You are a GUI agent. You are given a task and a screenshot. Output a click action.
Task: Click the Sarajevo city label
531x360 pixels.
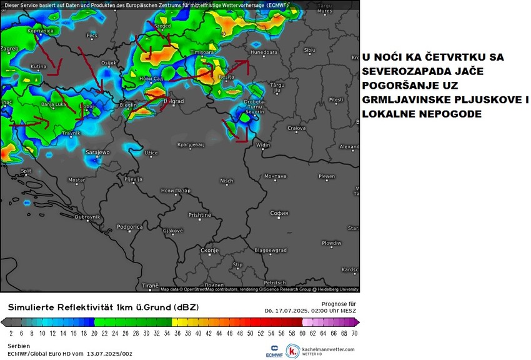pyautogui.click(x=97, y=152)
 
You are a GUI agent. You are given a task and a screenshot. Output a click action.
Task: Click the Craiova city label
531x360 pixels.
pyautogui.click(x=296, y=128)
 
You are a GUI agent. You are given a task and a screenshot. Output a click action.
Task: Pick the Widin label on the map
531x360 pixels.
pyautogui.click(x=264, y=145)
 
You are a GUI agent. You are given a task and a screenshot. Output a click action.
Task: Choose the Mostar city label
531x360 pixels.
pyautogui.click(x=76, y=180)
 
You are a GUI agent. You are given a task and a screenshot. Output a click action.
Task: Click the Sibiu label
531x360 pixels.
pyautogui.click(x=309, y=49)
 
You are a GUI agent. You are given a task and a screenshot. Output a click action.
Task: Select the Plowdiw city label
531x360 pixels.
pyautogui.click(x=331, y=242)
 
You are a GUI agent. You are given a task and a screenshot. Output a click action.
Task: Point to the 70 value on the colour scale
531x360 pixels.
pyautogui.click(x=354, y=334)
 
